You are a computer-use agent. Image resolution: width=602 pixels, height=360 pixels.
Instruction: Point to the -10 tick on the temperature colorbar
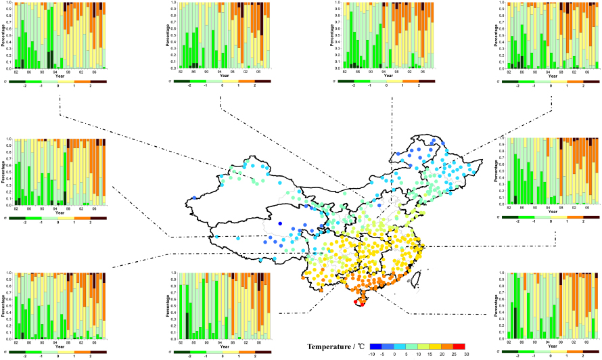point(391,353)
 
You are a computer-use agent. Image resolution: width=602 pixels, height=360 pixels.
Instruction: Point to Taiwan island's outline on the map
point(417,275)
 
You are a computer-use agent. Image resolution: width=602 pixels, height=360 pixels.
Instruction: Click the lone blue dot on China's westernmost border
point(194,198)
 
